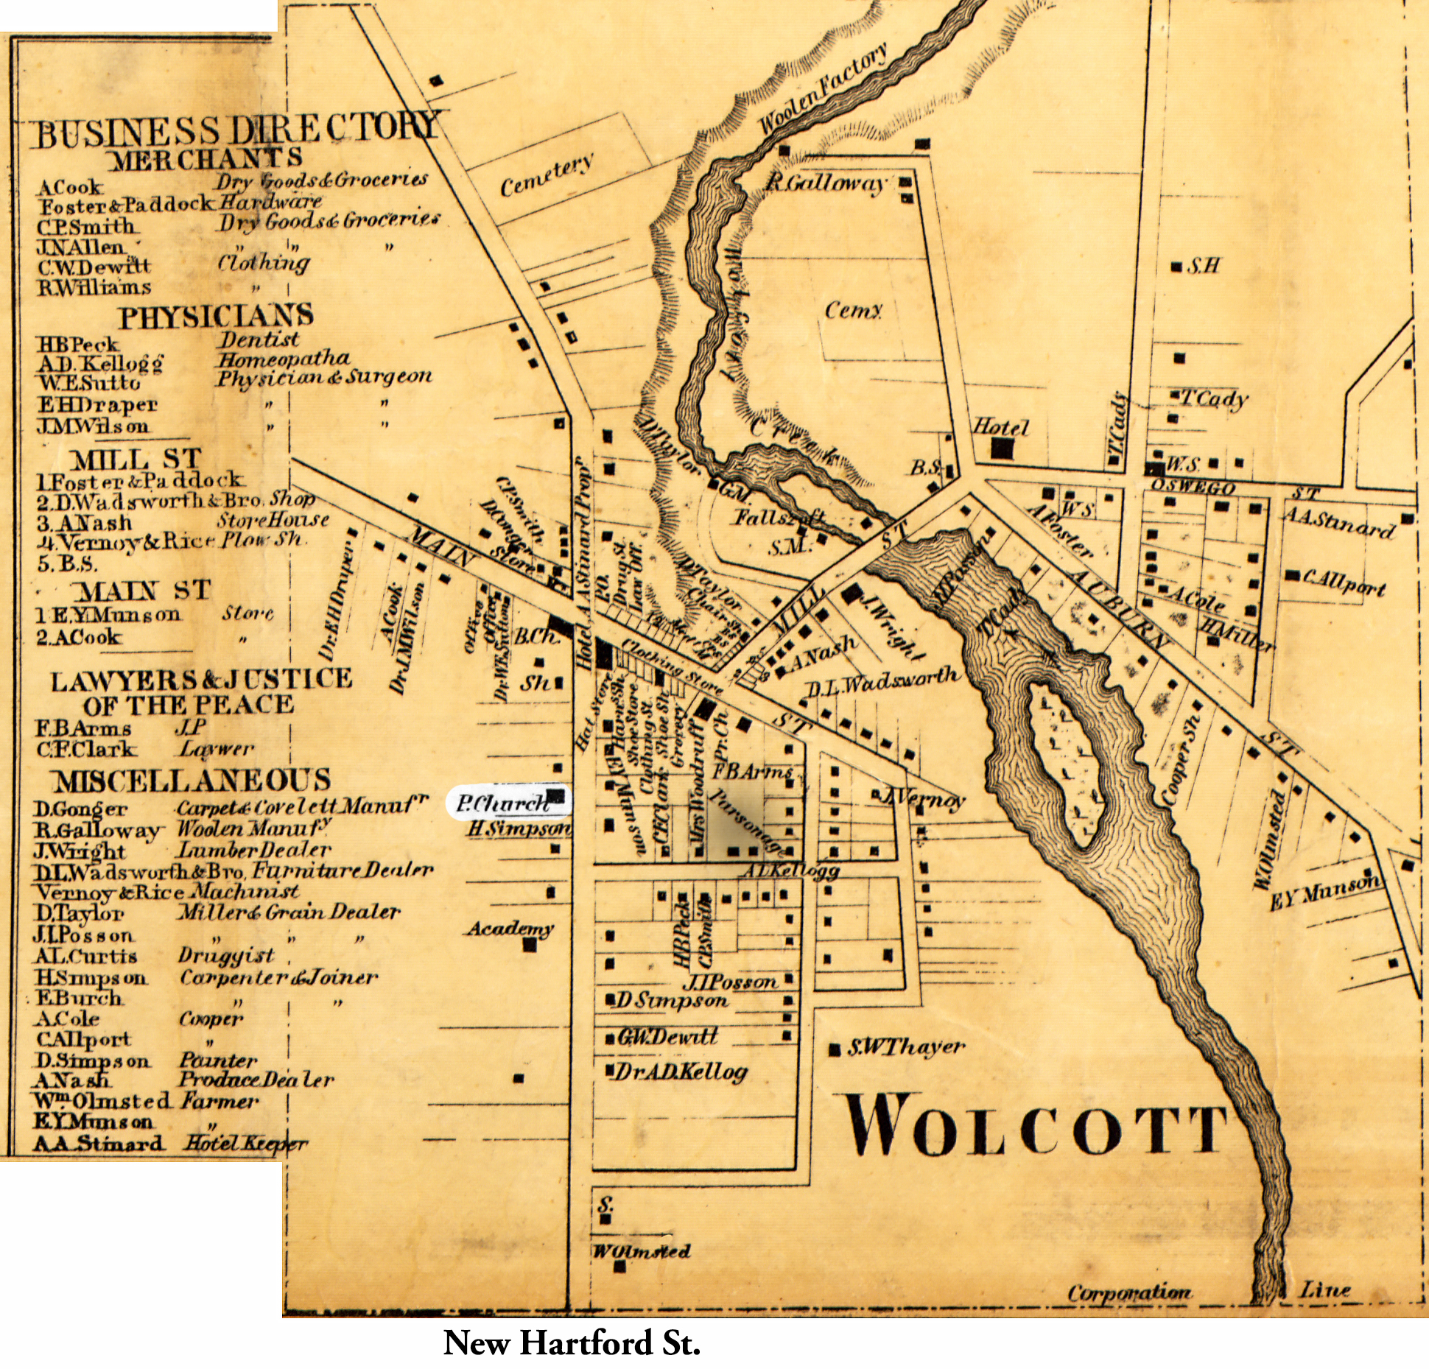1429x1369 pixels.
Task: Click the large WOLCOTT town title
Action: point(1035,1126)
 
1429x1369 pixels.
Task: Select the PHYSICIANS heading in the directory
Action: point(216,317)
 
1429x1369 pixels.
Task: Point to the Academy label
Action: point(510,929)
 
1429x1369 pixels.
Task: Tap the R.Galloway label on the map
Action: point(825,182)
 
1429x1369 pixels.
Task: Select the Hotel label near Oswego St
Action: point(1000,426)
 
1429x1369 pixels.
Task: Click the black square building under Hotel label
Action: point(1001,448)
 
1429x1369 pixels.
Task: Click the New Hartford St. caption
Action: point(572,1342)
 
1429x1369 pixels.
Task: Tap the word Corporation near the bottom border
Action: point(1129,1292)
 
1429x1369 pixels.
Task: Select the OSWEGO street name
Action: point(1193,488)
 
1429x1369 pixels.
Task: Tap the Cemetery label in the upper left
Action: point(547,175)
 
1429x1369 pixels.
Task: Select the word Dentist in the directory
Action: point(259,339)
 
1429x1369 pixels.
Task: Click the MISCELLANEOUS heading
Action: point(191,781)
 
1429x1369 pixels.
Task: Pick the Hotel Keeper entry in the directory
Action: point(245,1144)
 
